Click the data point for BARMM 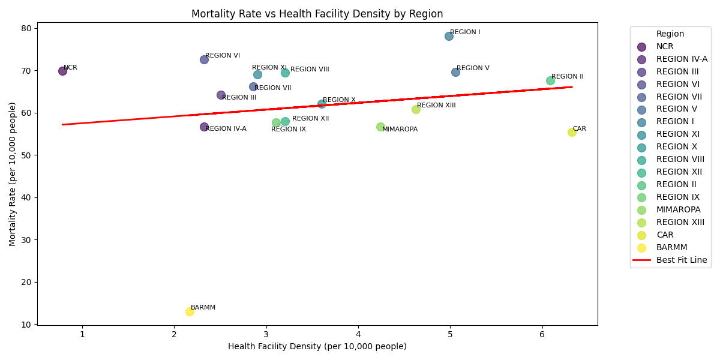click(190, 311)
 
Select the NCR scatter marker click(62, 71)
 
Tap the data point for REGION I click(449, 36)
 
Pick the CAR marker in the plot click(572, 132)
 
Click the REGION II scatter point click(550, 80)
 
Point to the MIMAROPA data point click(380, 127)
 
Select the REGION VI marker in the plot click(204, 59)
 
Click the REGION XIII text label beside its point click(436, 106)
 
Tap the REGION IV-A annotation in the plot click(226, 129)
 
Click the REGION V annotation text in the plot click(473, 68)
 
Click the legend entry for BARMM click(671, 247)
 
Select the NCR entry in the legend click(665, 46)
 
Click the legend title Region click(670, 34)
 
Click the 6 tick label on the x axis click(542, 334)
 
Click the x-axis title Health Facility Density click(317, 347)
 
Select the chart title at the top click(317, 14)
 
